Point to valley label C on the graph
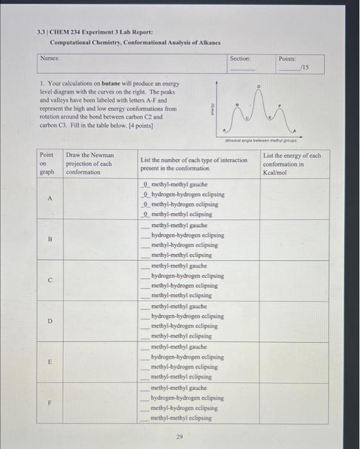click(248, 118)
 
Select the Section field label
click(241, 58)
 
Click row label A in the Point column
click(49, 198)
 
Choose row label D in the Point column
click(49, 321)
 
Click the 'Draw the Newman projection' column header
click(89, 163)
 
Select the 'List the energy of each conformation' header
click(291, 163)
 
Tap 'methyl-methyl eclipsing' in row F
click(181, 418)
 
